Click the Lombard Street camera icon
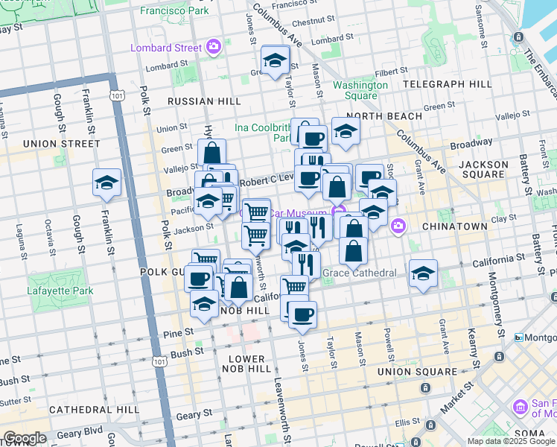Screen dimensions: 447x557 tap(214, 48)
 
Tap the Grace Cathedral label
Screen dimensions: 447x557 tap(359, 273)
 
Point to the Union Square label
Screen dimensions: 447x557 tap(417, 371)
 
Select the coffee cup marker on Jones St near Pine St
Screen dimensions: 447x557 tap(302, 314)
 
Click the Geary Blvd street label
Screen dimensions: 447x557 tap(81, 431)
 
